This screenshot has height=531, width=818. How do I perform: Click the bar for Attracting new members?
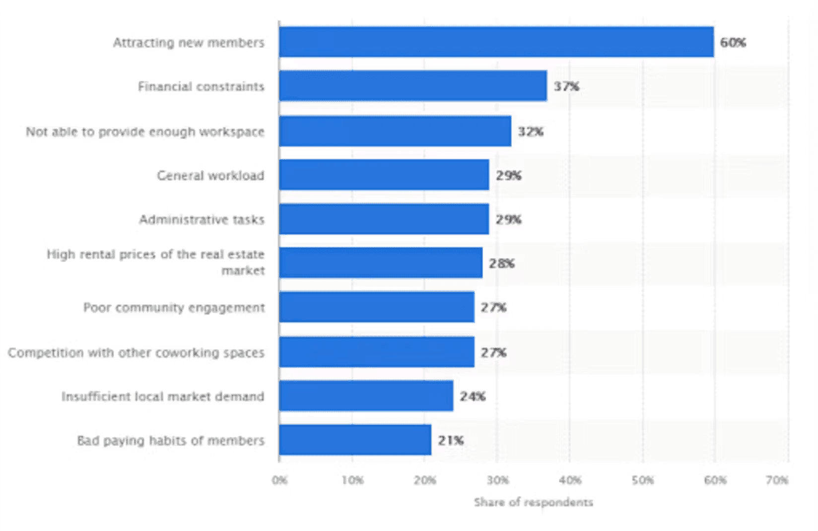coord(496,42)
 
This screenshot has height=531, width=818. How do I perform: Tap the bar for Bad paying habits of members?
coord(355,440)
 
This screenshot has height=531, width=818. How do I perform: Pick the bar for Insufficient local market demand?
coord(366,396)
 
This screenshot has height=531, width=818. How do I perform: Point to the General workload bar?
coord(384,175)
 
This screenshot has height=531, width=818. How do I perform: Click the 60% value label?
coord(733,43)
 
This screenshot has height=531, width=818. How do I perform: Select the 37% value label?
coord(566,86)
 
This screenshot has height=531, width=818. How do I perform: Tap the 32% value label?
coord(531,132)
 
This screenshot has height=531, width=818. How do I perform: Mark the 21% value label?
coord(451,440)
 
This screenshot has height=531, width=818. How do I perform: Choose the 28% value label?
coord(502,264)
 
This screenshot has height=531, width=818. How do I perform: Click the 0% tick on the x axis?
coord(279,480)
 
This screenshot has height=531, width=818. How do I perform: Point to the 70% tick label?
coord(777,480)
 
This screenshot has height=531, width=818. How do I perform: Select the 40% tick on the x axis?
coord(570,480)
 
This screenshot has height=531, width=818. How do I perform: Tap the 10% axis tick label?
coord(352,480)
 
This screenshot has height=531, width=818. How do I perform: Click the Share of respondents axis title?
coord(534,502)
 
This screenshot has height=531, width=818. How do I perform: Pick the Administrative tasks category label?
coord(202,219)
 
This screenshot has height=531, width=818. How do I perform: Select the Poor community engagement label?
coord(174,308)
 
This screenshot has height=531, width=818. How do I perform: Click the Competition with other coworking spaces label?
coord(136,352)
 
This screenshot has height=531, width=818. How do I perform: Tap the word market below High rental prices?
coord(243,271)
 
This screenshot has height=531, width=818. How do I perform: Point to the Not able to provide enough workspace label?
coord(145,132)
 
